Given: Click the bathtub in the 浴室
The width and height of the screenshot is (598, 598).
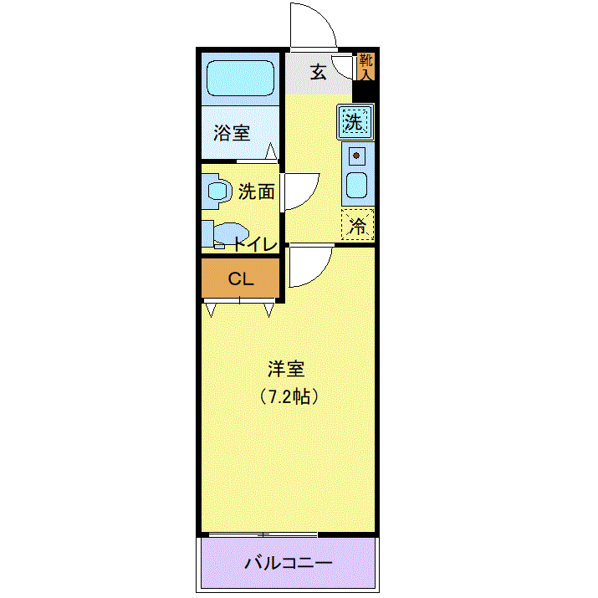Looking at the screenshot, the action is (x=240, y=78).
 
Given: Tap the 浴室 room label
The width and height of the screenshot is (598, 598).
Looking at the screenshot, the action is (x=232, y=133).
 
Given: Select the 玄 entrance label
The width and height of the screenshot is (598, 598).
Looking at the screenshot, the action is (x=318, y=72).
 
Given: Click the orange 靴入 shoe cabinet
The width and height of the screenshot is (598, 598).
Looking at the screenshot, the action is (x=366, y=67).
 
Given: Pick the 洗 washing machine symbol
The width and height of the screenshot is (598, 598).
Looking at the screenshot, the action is (x=355, y=122).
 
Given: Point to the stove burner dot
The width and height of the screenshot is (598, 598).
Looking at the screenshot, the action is (x=356, y=156).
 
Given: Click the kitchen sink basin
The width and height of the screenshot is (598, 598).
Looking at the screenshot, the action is (x=356, y=186).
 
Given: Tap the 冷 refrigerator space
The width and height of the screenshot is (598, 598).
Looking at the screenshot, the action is (x=358, y=225).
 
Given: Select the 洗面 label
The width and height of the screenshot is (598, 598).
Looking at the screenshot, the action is (x=256, y=192).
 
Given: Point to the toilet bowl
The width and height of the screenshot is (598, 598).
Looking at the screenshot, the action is (x=230, y=233).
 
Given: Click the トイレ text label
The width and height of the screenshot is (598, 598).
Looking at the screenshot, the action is (x=255, y=244).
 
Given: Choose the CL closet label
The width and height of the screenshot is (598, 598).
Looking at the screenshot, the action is (x=241, y=279).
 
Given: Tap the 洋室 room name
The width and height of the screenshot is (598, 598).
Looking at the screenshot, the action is (x=286, y=369).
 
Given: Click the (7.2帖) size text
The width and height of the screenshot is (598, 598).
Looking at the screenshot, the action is (x=289, y=396).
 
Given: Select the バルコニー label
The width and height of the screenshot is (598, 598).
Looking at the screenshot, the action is (x=288, y=563).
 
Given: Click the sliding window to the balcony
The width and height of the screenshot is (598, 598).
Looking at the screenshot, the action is (x=263, y=534).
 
